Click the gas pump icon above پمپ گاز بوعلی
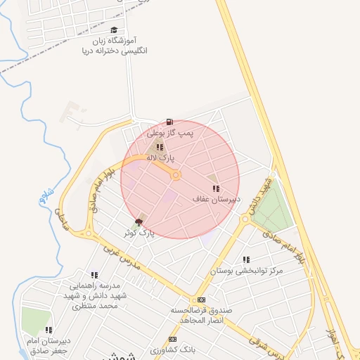point(169,122)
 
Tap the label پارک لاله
point(160,158)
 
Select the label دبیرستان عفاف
point(217,199)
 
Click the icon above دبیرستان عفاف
point(216,188)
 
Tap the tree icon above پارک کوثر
point(138,222)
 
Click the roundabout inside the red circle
point(176,174)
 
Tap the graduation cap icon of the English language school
point(115,30)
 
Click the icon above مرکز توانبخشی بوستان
point(245,259)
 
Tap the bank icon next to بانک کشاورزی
point(173,339)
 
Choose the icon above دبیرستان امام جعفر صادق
point(49,329)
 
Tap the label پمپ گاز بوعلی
point(169,132)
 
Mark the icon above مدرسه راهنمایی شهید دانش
point(94,275)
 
